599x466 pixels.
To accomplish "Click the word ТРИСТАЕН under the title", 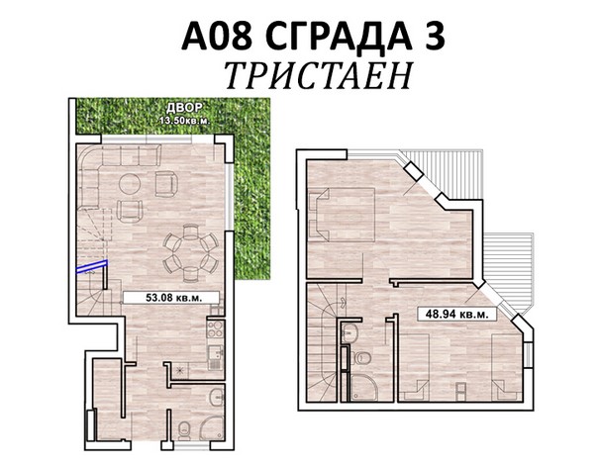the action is [319, 75].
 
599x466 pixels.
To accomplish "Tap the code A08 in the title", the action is [217, 36].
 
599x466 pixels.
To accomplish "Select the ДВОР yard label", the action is [184, 108].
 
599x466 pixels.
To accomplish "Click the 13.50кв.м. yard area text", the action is [185, 121].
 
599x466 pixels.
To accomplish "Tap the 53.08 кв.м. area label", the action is [171, 297].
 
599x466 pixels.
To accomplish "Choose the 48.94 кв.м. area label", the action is [457, 314].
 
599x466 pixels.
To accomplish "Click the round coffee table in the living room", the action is [130, 184].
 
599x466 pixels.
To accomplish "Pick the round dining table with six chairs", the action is [191, 252].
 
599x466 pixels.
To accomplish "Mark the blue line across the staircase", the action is [92, 266].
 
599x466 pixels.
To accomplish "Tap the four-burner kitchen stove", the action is [215, 329].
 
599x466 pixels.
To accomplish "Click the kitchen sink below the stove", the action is [215, 357].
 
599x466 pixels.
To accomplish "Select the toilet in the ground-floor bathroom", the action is [185, 430].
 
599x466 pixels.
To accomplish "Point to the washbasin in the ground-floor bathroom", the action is [217, 398].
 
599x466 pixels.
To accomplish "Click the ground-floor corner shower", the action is [212, 428].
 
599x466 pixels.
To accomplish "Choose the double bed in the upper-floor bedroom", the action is [342, 215].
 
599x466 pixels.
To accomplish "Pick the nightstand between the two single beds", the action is [461, 390].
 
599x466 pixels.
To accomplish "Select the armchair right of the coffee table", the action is [166, 183].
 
